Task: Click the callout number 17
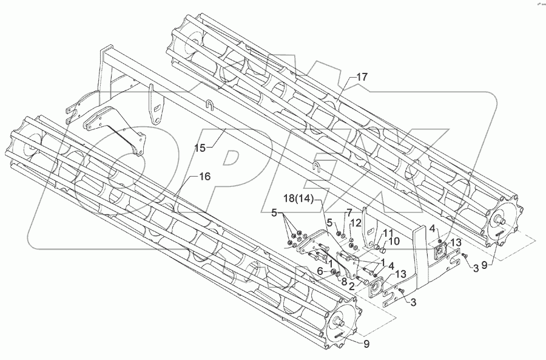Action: point(362,77)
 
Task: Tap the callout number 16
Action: point(204,176)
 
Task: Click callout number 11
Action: point(387,233)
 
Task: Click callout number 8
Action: point(343,282)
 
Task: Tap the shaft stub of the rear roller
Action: point(501,219)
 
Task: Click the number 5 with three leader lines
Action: point(274,213)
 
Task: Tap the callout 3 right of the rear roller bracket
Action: point(477,267)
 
